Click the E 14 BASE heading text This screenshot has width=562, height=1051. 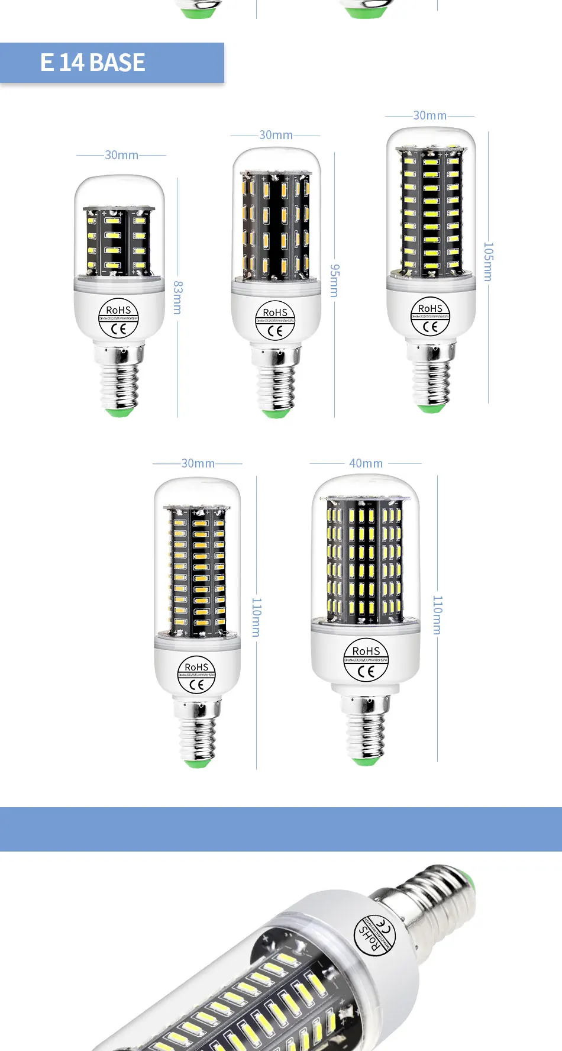click(93, 63)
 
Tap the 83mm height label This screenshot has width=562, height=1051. click(177, 297)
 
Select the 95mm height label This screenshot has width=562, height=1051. click(334, 281)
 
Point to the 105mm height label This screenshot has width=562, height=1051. click(489, 262)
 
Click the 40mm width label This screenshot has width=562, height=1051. click(366, 463)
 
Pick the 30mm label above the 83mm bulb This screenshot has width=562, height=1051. click(121, 155)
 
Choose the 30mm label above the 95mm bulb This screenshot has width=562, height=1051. click(276, 135)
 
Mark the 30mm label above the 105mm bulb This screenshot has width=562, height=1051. click(429, 115)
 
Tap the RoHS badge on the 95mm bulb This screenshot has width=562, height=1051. click(275, 321)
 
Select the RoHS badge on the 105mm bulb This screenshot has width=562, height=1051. click(430, 317)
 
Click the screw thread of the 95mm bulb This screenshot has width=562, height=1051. click(276, 385)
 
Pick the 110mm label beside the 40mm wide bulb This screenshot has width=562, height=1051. click(437, 615)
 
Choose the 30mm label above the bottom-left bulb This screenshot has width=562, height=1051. click(198, 463)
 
